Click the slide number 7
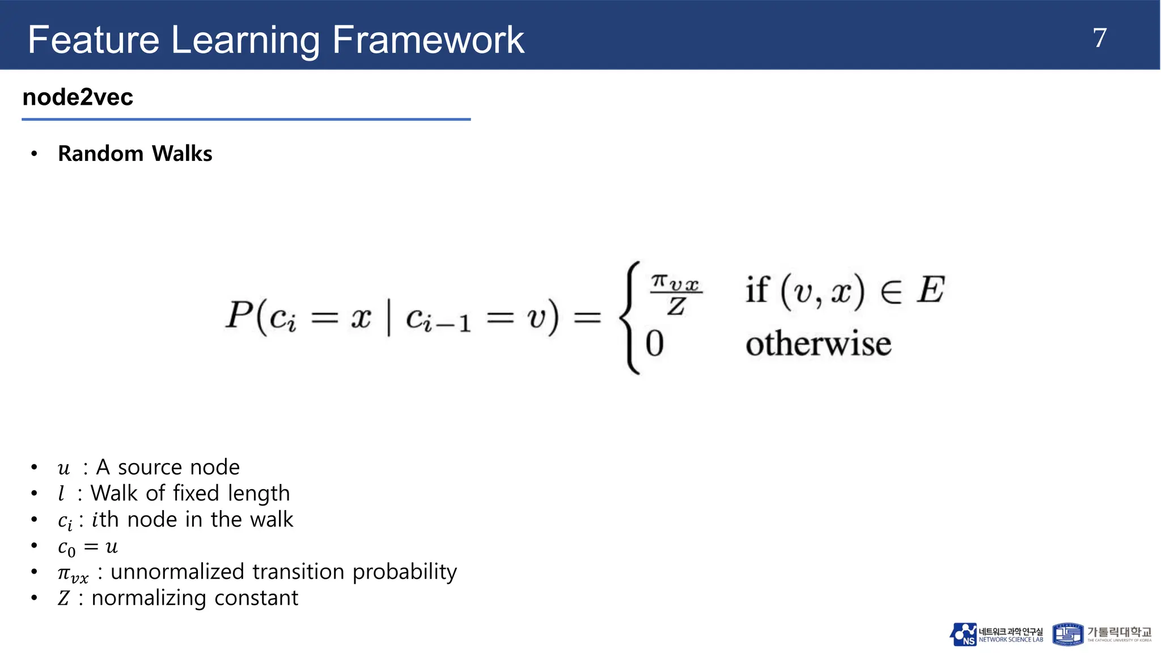1099,39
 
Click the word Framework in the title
428,40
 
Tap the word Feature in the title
94,40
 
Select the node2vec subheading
78,97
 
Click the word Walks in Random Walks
182,154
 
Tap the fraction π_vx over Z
676,295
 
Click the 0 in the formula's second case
654,344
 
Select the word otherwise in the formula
818,344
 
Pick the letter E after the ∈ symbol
930,290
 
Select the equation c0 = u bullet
88,547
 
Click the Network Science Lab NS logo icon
963,634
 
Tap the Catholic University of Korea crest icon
1067,634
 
